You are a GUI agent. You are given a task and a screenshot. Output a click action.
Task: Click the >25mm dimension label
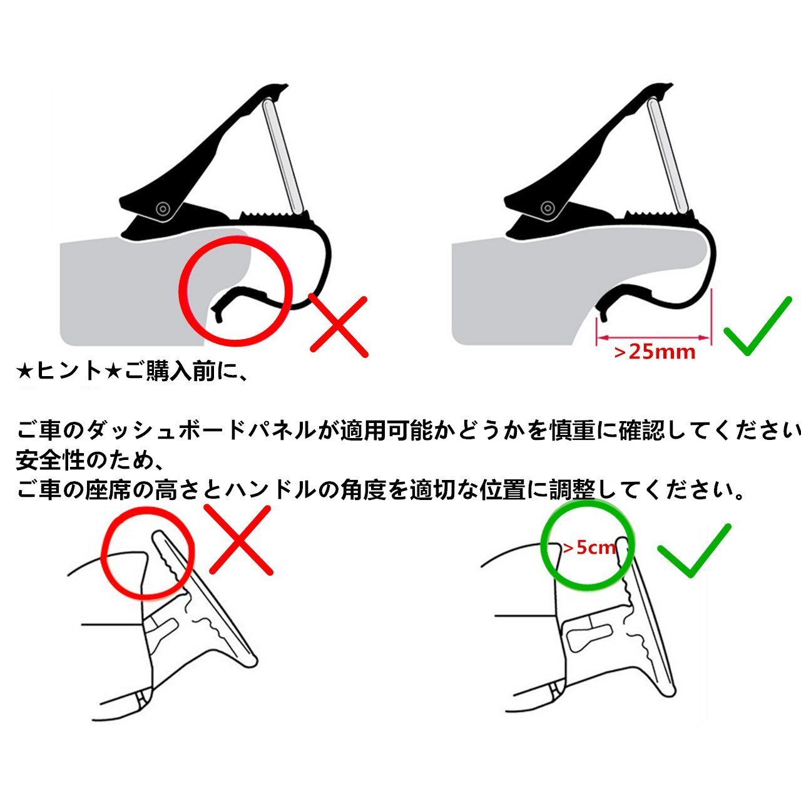(655, 352)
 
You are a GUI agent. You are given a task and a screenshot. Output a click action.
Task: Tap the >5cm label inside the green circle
(589, 548)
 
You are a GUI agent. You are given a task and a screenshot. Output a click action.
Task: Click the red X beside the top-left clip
(339, 327)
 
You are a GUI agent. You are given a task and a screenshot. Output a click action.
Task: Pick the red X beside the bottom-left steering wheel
(241, 540)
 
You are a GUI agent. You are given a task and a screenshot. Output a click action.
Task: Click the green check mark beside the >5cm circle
(694, 550)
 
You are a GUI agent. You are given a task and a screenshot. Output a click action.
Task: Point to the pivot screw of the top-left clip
(162, 208)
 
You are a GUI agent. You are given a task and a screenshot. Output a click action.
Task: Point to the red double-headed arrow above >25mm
(653, 337)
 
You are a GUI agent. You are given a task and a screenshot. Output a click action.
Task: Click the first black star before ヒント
(25, 372)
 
